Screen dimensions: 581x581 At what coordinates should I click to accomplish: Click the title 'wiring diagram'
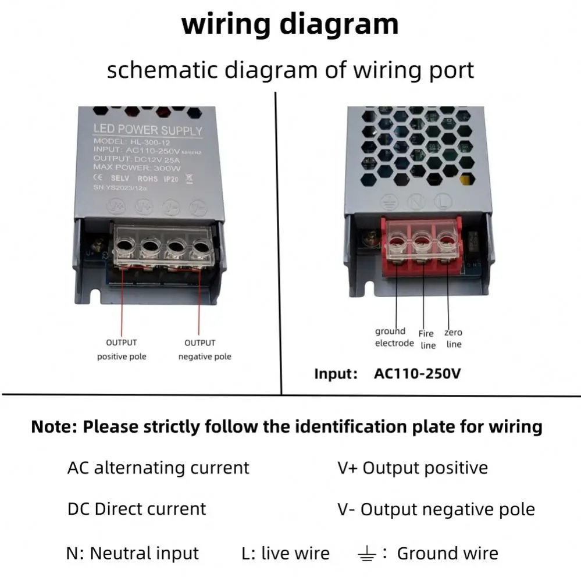[x=290, y=24]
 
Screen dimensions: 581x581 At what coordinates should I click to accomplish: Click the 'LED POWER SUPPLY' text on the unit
[x=148, y=131]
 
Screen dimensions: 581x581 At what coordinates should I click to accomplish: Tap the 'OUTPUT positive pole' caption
[x=122, y=350]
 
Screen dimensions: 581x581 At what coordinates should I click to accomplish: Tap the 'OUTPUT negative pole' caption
[x=204, y=350]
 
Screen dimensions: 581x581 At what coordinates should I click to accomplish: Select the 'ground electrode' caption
[x=394, y=337]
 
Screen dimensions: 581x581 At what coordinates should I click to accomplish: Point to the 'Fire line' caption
[x=427, y=339]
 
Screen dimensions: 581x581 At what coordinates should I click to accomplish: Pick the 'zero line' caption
[x=454, y=338]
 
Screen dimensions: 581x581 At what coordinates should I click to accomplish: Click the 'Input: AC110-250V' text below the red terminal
[x=387, y=373]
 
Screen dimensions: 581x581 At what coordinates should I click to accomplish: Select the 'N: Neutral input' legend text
[x=133, y=553]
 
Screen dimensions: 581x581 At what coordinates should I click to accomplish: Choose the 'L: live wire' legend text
[x=285, y=553]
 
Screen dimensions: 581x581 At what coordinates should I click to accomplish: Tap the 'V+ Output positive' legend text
[x=412, y=468]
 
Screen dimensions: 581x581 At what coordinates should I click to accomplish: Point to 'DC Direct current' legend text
[x=137, y=509]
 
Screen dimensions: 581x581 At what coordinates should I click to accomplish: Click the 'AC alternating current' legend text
[x=158, y=468]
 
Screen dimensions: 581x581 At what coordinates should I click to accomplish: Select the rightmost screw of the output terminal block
[x=201, y=247]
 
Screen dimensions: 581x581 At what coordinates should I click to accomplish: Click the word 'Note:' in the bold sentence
[x=54, y=427]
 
